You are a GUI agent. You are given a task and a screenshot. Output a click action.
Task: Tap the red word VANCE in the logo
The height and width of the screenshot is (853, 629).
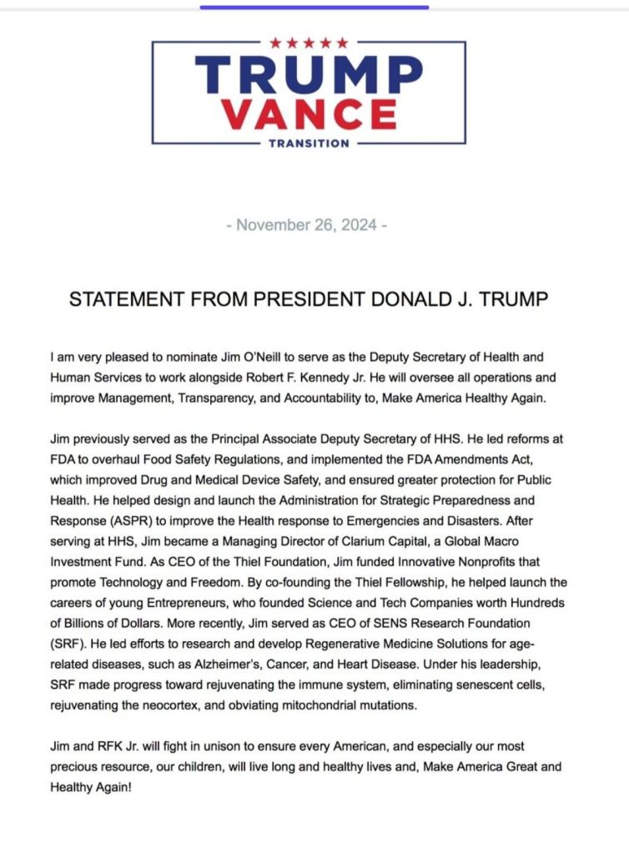[x=309, y=113]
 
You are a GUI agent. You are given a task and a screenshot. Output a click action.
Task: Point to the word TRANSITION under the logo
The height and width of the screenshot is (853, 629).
[x=309, y=143]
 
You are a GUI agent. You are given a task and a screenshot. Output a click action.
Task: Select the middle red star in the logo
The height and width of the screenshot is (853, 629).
[x=309, y=43]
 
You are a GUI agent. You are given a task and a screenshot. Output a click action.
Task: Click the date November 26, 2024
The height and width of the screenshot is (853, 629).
[x=307, y=226]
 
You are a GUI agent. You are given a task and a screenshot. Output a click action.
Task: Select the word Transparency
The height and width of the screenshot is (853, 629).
[x=215, y=398]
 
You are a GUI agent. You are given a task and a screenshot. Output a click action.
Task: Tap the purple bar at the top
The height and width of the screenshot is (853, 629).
[x=314, y=8]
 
